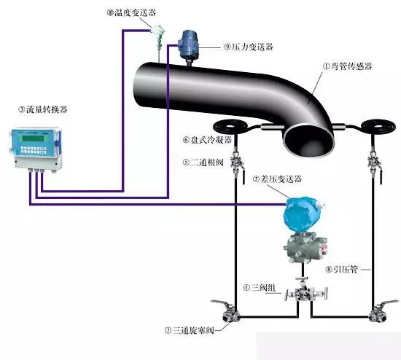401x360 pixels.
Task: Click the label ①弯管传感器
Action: coord(348,66)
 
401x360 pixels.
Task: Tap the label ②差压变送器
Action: coord(277,179)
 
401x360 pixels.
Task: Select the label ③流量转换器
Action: coord(43,109)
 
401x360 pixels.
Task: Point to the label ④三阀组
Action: coord(260,288)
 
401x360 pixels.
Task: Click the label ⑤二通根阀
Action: coord(203,163)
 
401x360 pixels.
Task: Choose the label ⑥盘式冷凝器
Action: coord(207,140)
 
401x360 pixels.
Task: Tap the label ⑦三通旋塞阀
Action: coord(190,330)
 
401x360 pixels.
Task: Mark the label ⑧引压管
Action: coord(341,269)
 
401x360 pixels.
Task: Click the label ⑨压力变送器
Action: coord(249,47)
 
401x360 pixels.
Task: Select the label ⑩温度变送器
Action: coord(131,12)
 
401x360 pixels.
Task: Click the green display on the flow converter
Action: coord(34,138)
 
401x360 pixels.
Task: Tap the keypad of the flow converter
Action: coord(34,150)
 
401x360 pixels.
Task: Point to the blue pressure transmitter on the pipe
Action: coord(189,44)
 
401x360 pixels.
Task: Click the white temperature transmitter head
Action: coord(157,30)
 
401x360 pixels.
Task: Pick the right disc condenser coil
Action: coord(376,126)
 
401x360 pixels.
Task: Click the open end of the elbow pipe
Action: coord(308,140)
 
